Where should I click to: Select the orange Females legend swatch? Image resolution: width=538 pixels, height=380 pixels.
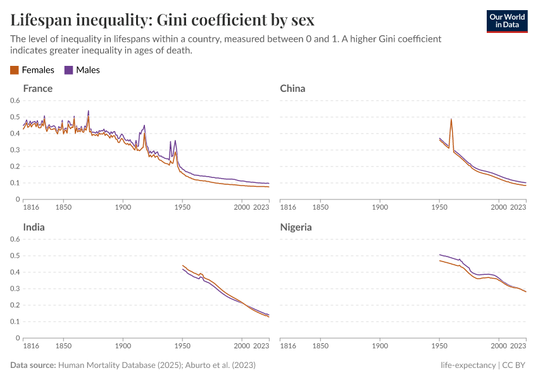click(15, 70)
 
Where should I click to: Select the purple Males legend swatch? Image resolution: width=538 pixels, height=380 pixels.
click(69, 70)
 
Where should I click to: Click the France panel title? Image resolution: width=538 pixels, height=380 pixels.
click(37, 88)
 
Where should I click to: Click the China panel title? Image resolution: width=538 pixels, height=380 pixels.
click(292, 88)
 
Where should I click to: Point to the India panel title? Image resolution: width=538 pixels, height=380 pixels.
click(34, 227)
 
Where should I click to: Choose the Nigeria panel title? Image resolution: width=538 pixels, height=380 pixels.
click(296, 227)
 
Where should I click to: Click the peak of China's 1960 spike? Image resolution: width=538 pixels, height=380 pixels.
click(451, 119)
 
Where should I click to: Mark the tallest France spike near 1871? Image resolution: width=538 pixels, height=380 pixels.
click(88, 111)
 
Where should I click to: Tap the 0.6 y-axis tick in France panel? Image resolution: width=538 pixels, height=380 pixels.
click(16, 101)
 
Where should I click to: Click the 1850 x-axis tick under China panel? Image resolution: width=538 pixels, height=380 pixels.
click(320, 207)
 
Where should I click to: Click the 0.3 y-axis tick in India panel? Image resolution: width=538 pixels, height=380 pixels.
click(16, 289)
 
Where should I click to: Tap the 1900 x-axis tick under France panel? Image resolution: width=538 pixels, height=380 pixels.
click(123, 207)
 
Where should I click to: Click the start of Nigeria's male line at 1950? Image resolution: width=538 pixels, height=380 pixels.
click(439, 255)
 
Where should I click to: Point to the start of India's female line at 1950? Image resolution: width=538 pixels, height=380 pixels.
click(182, 265)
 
